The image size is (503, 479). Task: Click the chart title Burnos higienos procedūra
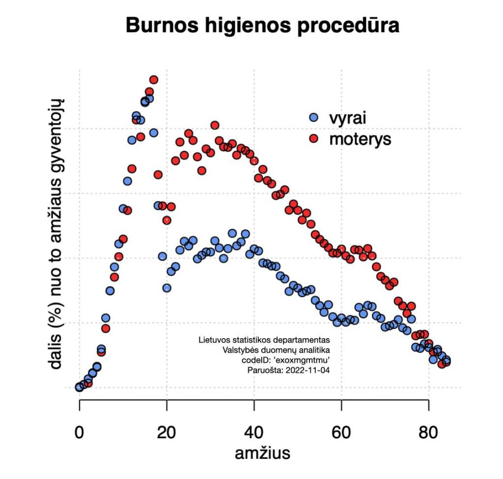(x=262, y=26)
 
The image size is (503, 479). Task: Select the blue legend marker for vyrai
(x=314, y=118)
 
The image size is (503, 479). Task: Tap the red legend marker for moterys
(x=314, y=139)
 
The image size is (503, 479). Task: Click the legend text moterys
(x=360, y=139)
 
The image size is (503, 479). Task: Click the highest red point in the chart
(x=154, y=80)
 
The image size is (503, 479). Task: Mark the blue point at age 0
(x=79, y=387)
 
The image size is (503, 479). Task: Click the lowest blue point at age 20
(x=167, y=288)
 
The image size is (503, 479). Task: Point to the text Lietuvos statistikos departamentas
(x=264, y=340)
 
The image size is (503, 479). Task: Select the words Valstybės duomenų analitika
(x=276, y=350)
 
